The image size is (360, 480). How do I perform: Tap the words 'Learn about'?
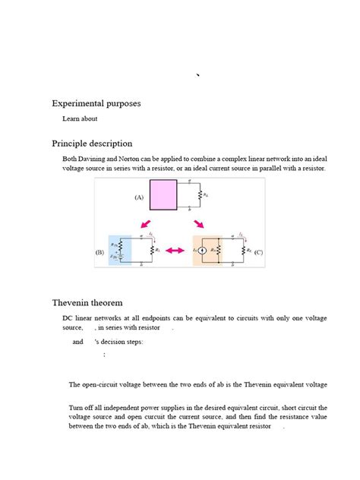pyautogui.click(x=80, y=118)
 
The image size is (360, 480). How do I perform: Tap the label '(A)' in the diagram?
pyautogui.click(x=139, y=197)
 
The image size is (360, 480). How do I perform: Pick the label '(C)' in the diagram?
pyautogui.click(x=259, y=251)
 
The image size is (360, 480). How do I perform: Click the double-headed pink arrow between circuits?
pyautogui.click(x=176, y=251)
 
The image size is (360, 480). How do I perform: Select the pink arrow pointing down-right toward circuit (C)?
pyautogui.click(x=199, y=224)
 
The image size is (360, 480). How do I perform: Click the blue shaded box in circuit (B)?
pyautogui.click(x=120, y=250)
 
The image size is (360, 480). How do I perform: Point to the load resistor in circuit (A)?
pyautogui.click(x=200, y=196)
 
